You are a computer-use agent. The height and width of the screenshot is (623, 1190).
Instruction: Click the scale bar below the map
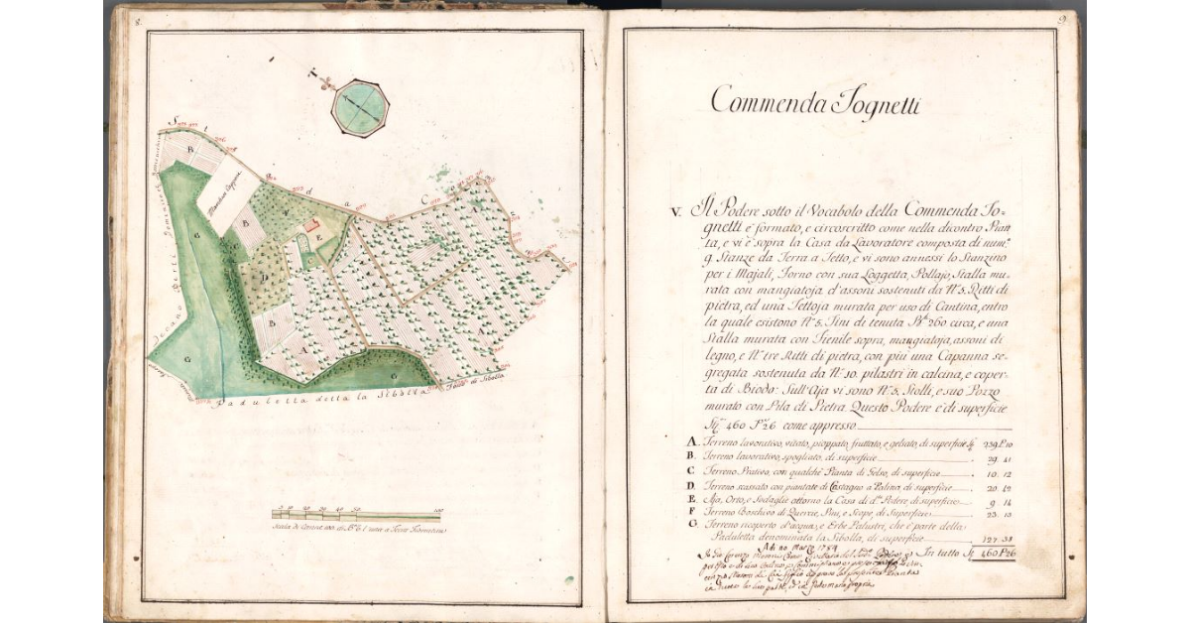[x=357, y=514]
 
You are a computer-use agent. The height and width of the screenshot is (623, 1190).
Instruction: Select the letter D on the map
[x=262, y=273]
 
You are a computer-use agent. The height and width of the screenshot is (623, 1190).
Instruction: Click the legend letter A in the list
[x=691, y=441]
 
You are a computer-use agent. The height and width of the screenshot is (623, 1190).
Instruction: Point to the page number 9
[x=1060, y=18]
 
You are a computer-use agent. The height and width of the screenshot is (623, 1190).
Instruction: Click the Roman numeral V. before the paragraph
[x=675, y=211]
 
